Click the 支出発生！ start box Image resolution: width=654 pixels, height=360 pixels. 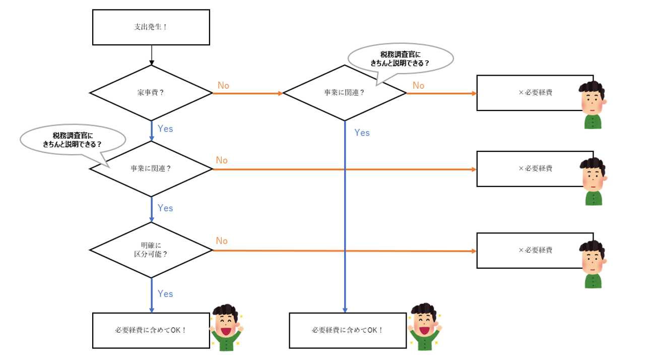pyautogui.click(x=151, y=27)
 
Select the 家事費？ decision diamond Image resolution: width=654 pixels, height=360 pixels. pyautogui.click(x=151, y=93)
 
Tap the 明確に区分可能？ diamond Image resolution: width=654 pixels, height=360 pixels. pyautogui.click(x=151, y=250)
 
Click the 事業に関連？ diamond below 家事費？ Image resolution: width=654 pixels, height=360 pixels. pyautogui.click(x=151, y=168)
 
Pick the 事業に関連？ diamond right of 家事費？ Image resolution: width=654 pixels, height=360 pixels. pyautogui.click(x=344, y=93)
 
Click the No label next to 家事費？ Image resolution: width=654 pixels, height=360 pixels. pyautogui.click(x=223, y=86)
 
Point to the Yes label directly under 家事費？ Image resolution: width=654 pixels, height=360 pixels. pyautogui.click(x=165, y=129)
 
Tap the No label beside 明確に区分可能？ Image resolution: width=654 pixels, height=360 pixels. pyautogui.click(x=222, y=241)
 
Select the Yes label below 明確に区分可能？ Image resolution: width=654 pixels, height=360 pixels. pyautogui.click(x=165, y=294)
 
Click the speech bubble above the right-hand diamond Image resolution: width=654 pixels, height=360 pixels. pyautogui.click(x=401, y=58)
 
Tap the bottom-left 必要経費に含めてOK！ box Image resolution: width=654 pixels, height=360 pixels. pyautogui.click(x=151, y=330)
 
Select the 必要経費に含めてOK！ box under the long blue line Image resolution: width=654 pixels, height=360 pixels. pyautogui.click(x=348, y=330)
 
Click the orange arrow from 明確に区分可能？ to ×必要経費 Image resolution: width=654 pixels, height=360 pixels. pyautogui.click(x=343, y=251)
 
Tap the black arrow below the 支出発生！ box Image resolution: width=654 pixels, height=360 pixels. pyautogui.click(x=151, y=55)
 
